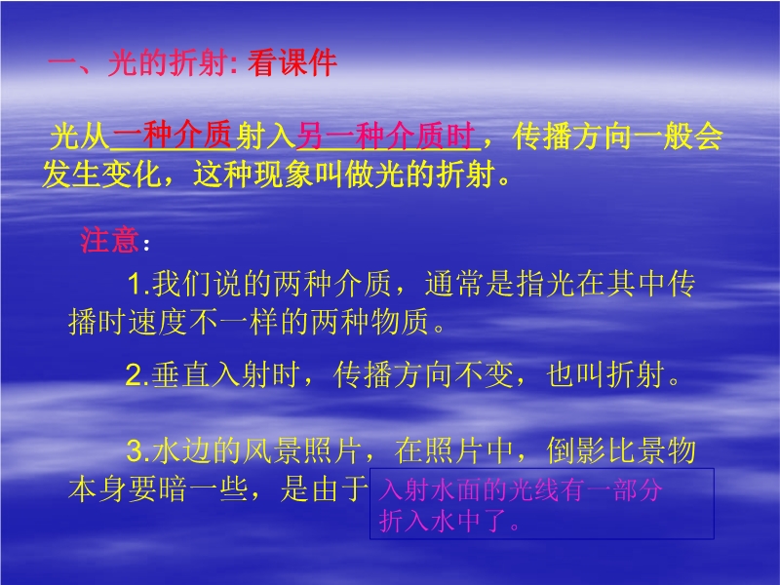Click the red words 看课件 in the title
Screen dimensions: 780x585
pyautogui.click(x=292, y=63)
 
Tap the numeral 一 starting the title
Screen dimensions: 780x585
pyautogui.click(x=61, y=63)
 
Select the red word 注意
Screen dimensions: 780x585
pyautogui.click(x=109, y=240)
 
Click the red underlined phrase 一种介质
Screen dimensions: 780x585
pyautogui.click(x=173, y=135)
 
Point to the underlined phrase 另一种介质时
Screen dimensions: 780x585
pyautogui.click(x=385, y=136)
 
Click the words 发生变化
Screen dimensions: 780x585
pyautogui.click(x=102, y=175)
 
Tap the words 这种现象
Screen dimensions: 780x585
pyautogui.click(x=253, y=175)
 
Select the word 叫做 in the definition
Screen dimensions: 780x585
pyautogui.click(x=344, y=175)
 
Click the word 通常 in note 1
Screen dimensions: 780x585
pyautogui.click(x=454, y=284)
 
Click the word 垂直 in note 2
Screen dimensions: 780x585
pyautogui.click(x=181, y=374)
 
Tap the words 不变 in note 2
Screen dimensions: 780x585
pyautogui.click(x=485, y=374)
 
